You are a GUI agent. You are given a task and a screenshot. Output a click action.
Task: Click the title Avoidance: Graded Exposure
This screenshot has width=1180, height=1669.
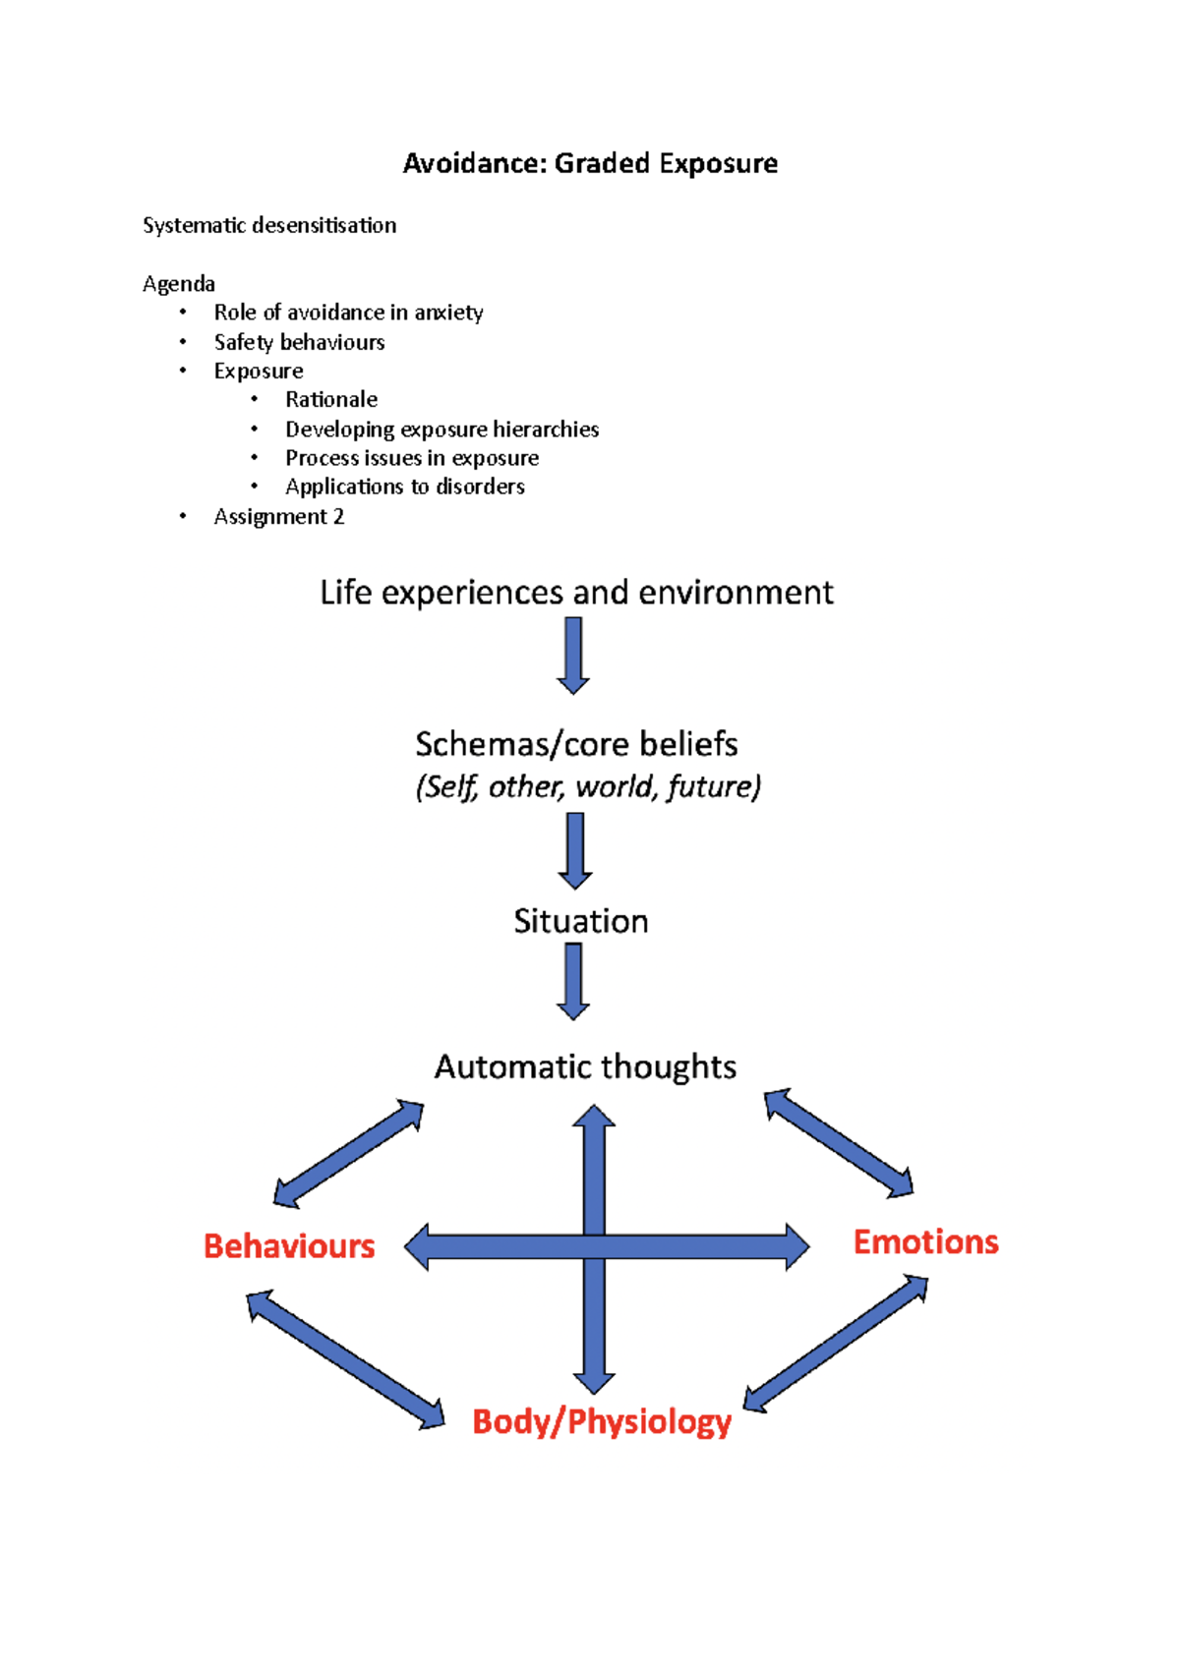point(590,163)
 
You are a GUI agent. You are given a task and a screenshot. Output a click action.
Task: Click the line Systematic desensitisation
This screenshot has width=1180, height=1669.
point(269,225)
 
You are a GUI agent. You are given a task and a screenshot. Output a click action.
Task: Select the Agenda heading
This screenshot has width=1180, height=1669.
point(178,284)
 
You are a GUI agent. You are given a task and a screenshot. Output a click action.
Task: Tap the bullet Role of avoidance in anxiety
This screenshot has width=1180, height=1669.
point(348,313)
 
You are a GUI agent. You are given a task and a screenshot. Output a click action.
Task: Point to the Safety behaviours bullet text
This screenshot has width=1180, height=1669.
point(299,342)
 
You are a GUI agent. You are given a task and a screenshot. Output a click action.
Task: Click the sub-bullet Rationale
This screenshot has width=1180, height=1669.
point(330,399)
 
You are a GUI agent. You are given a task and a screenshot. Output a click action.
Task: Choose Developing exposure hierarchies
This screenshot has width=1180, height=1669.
point(442,430)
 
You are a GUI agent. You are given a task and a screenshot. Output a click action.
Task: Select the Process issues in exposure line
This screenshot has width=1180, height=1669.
point(411,458)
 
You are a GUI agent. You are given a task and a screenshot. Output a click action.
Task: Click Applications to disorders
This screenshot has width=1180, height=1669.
point(404,487)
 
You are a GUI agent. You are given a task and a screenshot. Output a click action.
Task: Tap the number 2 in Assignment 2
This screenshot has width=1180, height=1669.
point(338,517)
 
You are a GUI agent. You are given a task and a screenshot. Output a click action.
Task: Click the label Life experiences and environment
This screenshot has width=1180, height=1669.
point(576,593)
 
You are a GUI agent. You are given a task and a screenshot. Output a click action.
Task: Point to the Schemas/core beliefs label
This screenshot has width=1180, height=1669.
point(576,744)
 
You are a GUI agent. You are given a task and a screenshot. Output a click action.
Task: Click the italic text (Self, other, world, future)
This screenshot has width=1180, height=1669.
point(588,787)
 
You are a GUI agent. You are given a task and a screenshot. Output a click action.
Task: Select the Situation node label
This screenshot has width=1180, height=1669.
point(580,921)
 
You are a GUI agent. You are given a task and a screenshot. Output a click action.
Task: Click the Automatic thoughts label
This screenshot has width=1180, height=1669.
point(585,1066)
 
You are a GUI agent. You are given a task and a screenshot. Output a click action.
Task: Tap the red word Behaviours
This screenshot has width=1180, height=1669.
point(289,1246)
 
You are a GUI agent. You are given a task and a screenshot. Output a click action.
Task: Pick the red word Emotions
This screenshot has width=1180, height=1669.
point(925,1242)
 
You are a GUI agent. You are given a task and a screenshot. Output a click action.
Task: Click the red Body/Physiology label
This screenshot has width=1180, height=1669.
point(602,1422)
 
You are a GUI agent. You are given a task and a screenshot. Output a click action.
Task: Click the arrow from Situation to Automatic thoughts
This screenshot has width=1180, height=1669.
point(573,981)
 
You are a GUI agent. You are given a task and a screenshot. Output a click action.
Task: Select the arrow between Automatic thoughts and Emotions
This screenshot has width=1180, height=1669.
point(839,1142)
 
